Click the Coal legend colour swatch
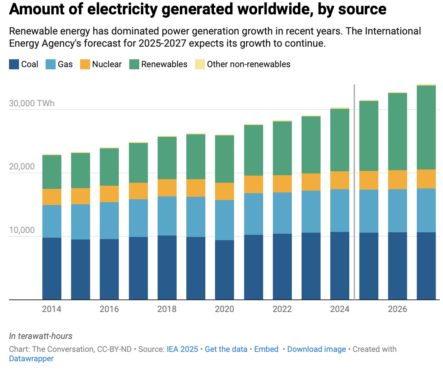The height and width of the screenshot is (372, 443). tap(14, 64)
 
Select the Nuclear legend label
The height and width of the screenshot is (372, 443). tap(107, 64)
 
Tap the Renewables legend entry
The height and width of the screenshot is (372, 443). tap(164, 64)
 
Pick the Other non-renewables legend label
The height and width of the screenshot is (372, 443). tap(248, 64)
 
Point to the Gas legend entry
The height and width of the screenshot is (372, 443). tap(65, 64)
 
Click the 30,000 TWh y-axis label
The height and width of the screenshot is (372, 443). tap(32, 103)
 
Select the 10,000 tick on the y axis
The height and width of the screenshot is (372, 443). tap(22, 230)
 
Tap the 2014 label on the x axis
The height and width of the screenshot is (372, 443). tap(52, 309)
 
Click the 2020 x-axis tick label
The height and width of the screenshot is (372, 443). tap(224, 309)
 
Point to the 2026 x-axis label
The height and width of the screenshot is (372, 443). tap(397, 309)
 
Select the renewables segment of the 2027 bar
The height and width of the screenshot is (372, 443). tap(426, 127)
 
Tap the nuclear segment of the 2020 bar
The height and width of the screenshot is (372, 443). tap(224, 191)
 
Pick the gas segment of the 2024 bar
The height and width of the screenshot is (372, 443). tap(340, 211)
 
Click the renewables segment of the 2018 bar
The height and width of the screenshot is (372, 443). tap(167, 158)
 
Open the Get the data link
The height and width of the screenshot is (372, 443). tap(226, 349)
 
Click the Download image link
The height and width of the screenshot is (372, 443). tap(316, 349)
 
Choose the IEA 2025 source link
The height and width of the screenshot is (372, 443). tap(182, 349)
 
